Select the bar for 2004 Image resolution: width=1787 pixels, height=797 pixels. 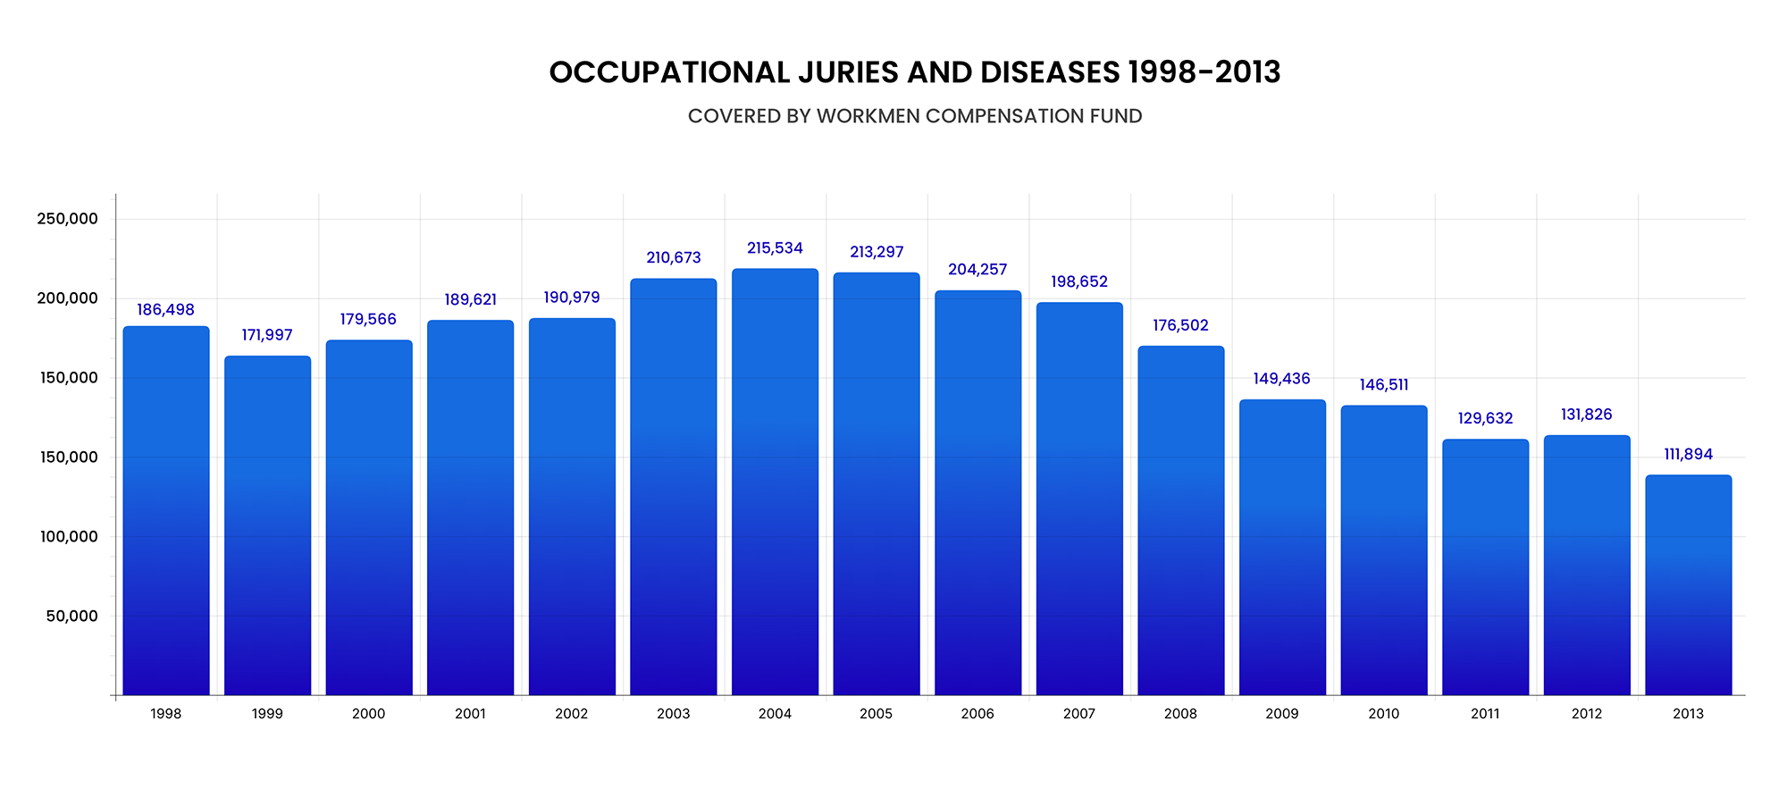point(775,482)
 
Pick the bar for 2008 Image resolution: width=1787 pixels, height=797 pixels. point(1180,521)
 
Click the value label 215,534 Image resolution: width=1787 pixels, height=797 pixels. point(775,248)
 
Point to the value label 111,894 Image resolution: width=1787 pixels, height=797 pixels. point(1688,455)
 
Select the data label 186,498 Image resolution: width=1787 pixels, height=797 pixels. point(165,310)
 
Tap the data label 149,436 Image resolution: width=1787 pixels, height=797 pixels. point(1281,379)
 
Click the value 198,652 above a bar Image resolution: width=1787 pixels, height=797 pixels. point(1078,282)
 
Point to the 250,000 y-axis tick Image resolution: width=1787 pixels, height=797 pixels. point(67,219)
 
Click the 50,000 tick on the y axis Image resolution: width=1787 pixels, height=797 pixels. point(71,617)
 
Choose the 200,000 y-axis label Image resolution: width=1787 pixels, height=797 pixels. point(67,298)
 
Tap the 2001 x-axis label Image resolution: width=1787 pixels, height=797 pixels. point(470,714)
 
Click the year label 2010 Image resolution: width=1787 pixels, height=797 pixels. point(1383,714)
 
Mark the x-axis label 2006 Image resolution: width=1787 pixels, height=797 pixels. point(977,714)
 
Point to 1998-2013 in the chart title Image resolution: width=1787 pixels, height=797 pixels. point(1204,72)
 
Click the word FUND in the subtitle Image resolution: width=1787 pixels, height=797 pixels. point(1116,116)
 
